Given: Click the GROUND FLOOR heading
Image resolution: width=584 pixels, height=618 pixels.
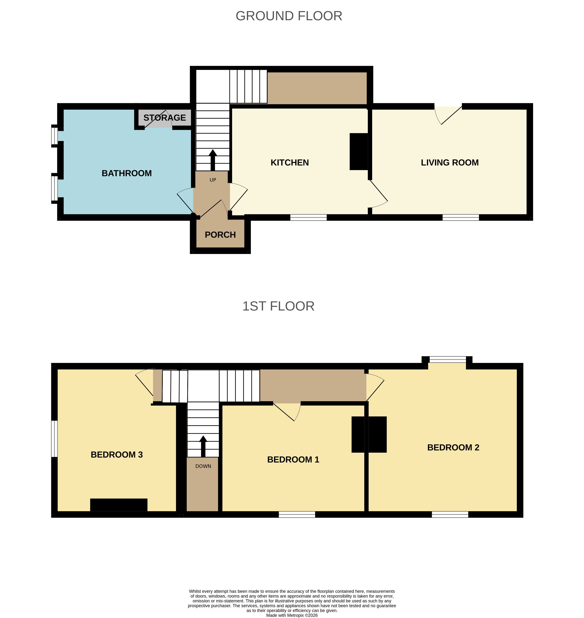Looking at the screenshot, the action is coord(289,16).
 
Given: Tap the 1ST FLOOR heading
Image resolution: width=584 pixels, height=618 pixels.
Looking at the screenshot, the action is coord(278,306).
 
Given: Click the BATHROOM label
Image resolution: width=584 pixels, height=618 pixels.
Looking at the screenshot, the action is coord(127,173).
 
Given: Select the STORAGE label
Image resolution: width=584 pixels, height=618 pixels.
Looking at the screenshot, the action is coord(165,118).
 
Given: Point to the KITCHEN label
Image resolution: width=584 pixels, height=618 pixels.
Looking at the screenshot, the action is coord(290,163).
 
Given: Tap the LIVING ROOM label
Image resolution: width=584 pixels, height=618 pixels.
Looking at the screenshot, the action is coord(450,163).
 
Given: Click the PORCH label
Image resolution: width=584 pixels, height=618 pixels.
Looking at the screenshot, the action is coord(220,235).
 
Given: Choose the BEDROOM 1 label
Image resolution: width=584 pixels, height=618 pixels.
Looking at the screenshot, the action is coord(293,460).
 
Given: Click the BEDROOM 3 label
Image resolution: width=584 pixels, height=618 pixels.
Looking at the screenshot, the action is coord(117,455).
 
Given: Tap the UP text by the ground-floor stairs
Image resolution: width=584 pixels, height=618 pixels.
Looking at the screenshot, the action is coord(213,180).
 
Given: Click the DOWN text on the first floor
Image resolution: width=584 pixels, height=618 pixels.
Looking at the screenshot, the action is coord(203,466).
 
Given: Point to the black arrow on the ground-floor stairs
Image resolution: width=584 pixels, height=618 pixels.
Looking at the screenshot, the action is coord(213,160).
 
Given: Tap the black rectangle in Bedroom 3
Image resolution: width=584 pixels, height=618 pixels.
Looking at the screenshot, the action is coord(119,505).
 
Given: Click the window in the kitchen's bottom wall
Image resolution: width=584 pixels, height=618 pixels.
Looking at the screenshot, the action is coord(308,217).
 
